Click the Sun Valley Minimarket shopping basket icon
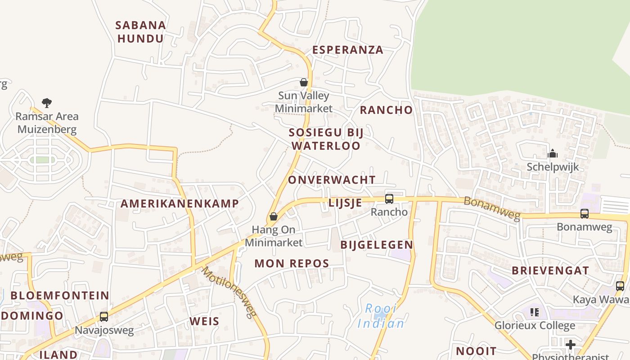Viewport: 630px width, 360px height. click(304, 82)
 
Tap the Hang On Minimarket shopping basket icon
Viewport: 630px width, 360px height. click(273, 217)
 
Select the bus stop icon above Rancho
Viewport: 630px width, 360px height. click(389, 198)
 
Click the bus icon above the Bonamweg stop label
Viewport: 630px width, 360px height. click(584, 214)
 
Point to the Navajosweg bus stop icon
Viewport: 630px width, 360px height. click(104, 317)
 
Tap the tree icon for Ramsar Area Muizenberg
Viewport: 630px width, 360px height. click(47, 103)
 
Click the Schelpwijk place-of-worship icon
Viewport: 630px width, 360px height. click(553, 154)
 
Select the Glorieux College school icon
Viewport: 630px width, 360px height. click(535, 312)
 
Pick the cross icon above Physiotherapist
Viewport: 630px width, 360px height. click(571, 345)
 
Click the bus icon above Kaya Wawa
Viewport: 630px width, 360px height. click(620, 286)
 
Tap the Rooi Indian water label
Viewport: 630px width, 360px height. click(381, 316)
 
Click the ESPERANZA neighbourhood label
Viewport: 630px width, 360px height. click(348, 50)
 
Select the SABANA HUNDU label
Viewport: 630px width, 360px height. click(141, 32)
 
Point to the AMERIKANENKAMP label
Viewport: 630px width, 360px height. click(180, 203)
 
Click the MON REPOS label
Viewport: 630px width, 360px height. click(292, 264)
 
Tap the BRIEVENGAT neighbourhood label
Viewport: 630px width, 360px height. click(550, 271)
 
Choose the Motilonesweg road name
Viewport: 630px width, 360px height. click(229, 292)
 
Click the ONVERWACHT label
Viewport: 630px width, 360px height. click(332, 180)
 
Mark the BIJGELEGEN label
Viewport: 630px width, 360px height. click(377, 245)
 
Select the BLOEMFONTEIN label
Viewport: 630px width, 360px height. click(60, 296)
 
